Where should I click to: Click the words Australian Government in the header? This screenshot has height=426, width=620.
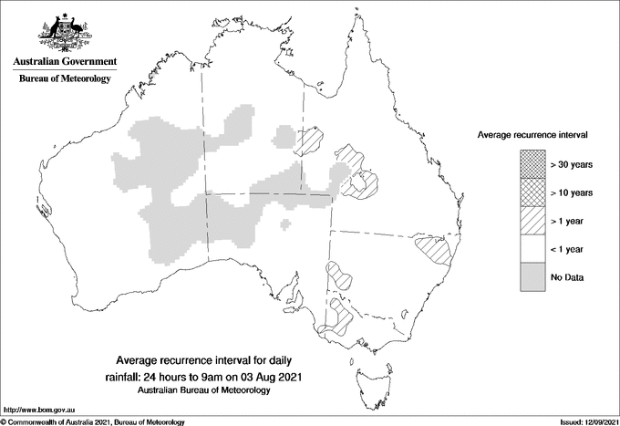(x=65, y=62)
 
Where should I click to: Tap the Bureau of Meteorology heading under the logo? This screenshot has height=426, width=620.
(x=65, y=79)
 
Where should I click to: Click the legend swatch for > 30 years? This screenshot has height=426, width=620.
(x=533, y=164)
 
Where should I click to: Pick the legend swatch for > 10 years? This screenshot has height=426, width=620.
(x=533, y=192)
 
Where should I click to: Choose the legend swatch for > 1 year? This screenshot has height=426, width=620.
(x=533, y=221)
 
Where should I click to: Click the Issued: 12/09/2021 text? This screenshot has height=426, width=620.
(x=588, y=421)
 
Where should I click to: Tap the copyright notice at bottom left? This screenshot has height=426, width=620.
(x=93, y=421)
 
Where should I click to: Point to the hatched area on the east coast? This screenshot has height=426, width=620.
(x=436, y=248)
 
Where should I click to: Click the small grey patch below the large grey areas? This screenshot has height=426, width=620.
(x=286, y=223)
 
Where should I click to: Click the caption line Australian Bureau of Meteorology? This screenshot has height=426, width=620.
(x=204, y=390)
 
